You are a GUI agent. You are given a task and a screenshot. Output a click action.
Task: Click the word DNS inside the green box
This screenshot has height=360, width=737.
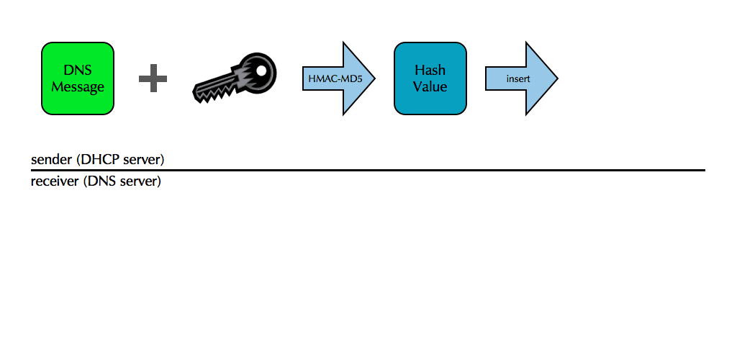pos(78,71)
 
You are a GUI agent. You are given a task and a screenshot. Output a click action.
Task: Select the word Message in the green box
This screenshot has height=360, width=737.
pos(78,87)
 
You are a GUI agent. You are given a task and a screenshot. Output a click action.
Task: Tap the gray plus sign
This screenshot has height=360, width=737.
pos(153,78)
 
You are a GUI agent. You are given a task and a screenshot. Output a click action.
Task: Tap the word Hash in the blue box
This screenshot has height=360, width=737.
pos(430,71)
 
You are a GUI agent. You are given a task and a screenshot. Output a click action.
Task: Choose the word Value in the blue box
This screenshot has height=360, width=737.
pos(430,87)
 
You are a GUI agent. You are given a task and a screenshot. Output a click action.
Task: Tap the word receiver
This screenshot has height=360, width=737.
pos(55,181)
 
